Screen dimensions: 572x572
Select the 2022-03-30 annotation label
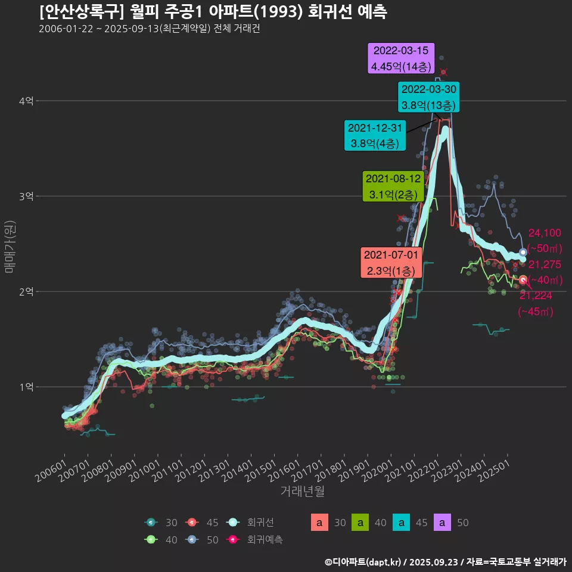coord(429,97)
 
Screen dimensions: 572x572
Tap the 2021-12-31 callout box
coord(375,135)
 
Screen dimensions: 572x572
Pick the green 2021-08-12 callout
coord(393,186)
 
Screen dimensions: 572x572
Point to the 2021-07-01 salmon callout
coord(392,263)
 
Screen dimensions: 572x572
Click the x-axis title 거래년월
coord(302,492)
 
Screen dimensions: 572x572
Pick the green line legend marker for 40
coord(151,540)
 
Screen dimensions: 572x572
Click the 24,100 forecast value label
coord(545,233)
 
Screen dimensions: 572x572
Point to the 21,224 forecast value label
coord(536,296)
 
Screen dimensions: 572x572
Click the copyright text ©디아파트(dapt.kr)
coord(363,561)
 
